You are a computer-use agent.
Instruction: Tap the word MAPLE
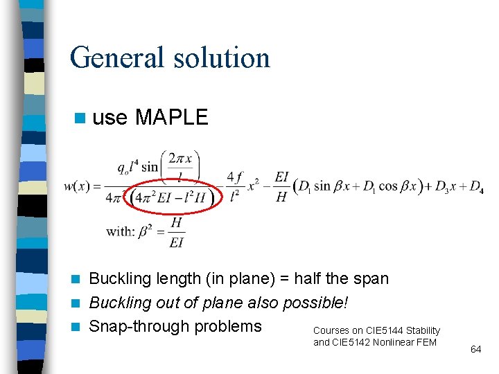[x=171, y=118]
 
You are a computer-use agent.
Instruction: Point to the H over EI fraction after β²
[x=176, y=231]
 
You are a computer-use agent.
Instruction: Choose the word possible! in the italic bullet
[x=316, y=303]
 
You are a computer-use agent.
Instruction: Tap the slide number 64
[x=475, y=350]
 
